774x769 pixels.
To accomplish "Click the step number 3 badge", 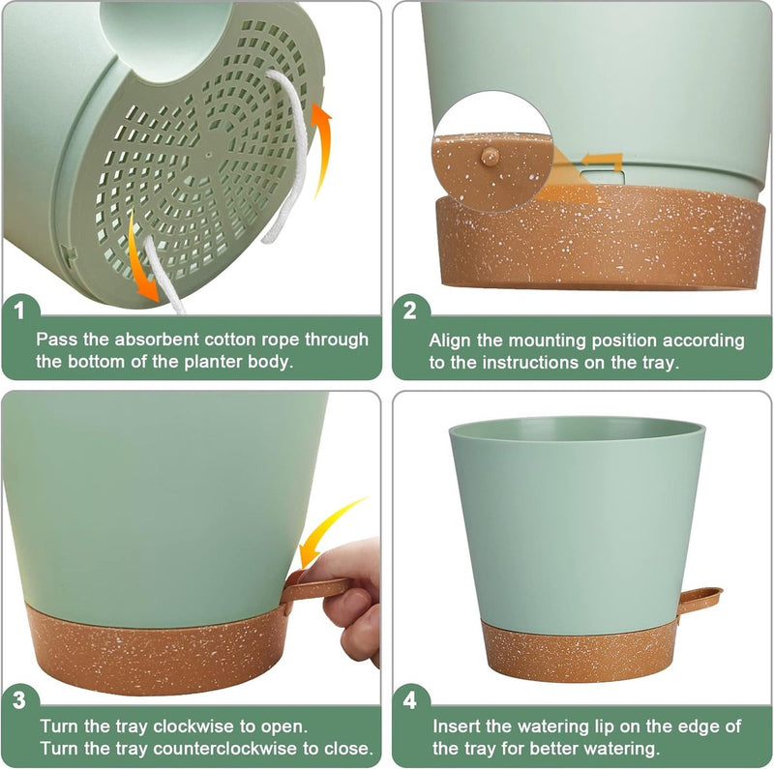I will pyautogui.click(x=18, y=698).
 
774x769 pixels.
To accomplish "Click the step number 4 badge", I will pyautogui.click(x=410, y=698).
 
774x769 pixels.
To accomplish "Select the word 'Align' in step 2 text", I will pyautogui.click(x=450, y=340).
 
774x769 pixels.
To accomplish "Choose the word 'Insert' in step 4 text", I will pyautogui.click(x=455, y=725).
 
